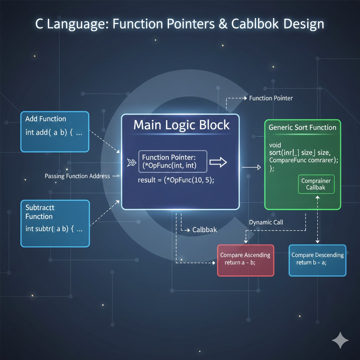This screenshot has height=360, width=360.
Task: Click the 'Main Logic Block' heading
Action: tap(181, 125)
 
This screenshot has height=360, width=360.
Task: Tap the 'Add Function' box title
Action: tap(45, 119)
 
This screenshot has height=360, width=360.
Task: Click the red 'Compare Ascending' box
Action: tap(245, 260)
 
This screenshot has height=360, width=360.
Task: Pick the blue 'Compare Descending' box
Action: tap(317, 260)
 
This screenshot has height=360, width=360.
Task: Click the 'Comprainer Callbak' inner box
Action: tap(316, 184)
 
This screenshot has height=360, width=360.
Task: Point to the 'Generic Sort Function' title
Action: tap(302, 127)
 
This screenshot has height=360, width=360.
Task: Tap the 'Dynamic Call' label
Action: tap(266, 222)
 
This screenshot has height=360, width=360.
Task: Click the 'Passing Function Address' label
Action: tap(77, 176)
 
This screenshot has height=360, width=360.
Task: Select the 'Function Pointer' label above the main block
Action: tap(271, 98)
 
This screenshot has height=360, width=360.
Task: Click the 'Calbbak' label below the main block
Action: tap(205, 230)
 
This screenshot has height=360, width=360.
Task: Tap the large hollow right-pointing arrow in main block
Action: tap(218, 162)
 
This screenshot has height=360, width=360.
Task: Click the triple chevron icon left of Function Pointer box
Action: tap(131, 162)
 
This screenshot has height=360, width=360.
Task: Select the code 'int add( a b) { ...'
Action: tap(54, 133)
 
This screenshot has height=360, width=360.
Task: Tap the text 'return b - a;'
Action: tap(311, 263)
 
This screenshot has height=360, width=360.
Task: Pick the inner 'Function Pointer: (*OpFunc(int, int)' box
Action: tap(173, 162)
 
